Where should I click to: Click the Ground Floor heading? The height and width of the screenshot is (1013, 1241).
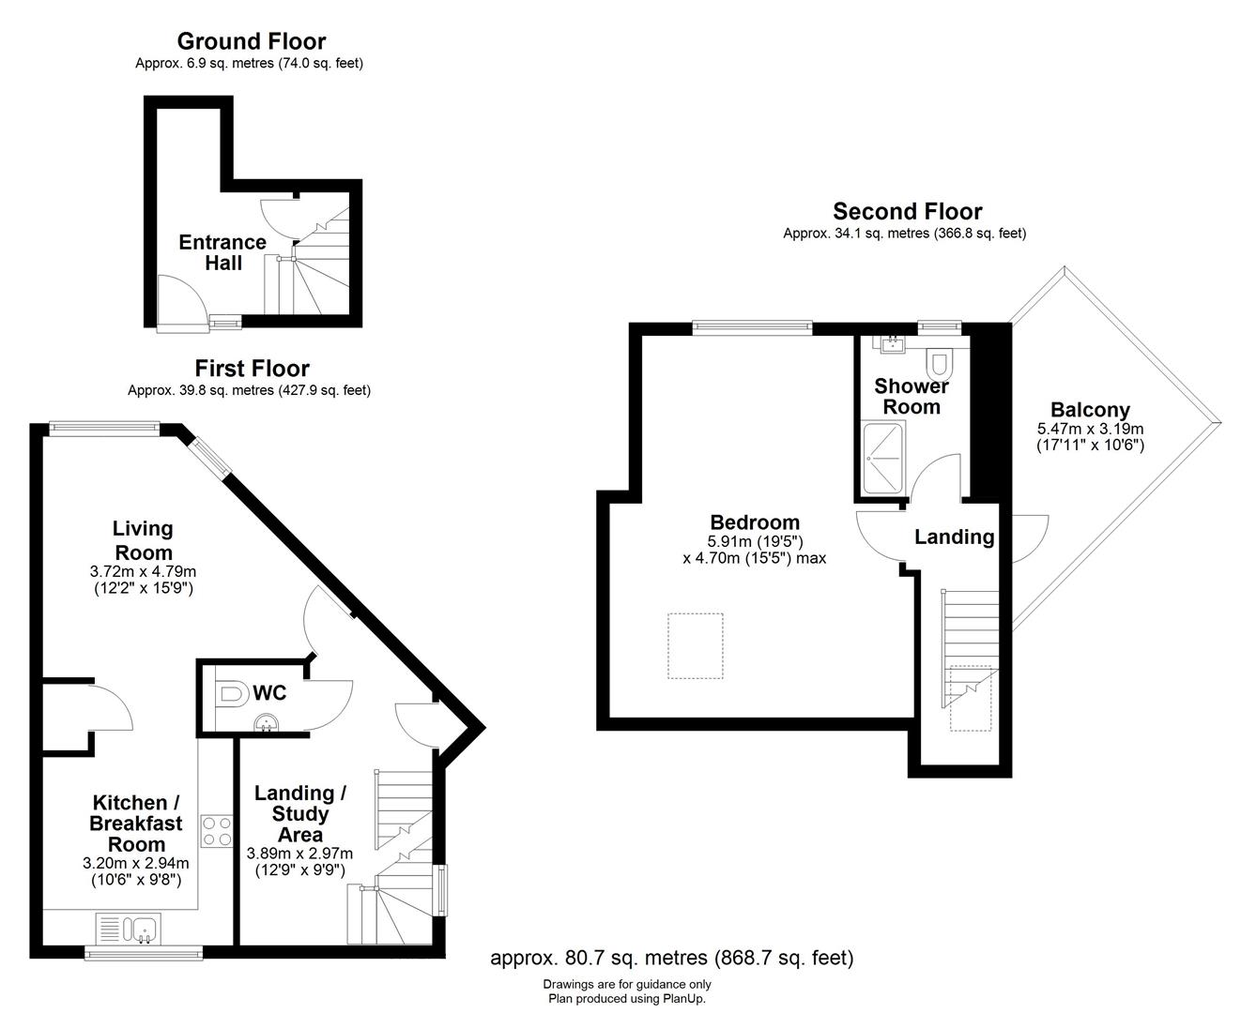[x=252, y=41]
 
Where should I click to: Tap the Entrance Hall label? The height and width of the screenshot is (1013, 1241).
[x=222, y=252]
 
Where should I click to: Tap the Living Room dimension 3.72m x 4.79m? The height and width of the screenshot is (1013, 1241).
[x=143, y=571]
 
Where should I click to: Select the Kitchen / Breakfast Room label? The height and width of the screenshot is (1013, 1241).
[x=136, y=823]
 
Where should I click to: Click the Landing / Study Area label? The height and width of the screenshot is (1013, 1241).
[x=300, y=813]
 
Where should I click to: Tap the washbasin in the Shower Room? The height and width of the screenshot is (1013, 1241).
[x=892, y=345]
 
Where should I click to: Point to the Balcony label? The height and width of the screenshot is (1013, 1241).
[x=1090, y=410]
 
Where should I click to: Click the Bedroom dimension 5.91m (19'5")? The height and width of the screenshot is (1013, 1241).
[x=755, y=541]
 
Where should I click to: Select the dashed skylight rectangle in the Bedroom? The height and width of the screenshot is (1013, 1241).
[x=696, y=645]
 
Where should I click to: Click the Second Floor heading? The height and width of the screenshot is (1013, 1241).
[x=907, y=212]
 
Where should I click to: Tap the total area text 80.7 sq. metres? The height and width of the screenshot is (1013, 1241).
[x=672, y=958]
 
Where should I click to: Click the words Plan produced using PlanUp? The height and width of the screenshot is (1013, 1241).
[x=626, y=999]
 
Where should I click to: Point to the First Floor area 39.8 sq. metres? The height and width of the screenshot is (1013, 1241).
[x=249, y=390]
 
